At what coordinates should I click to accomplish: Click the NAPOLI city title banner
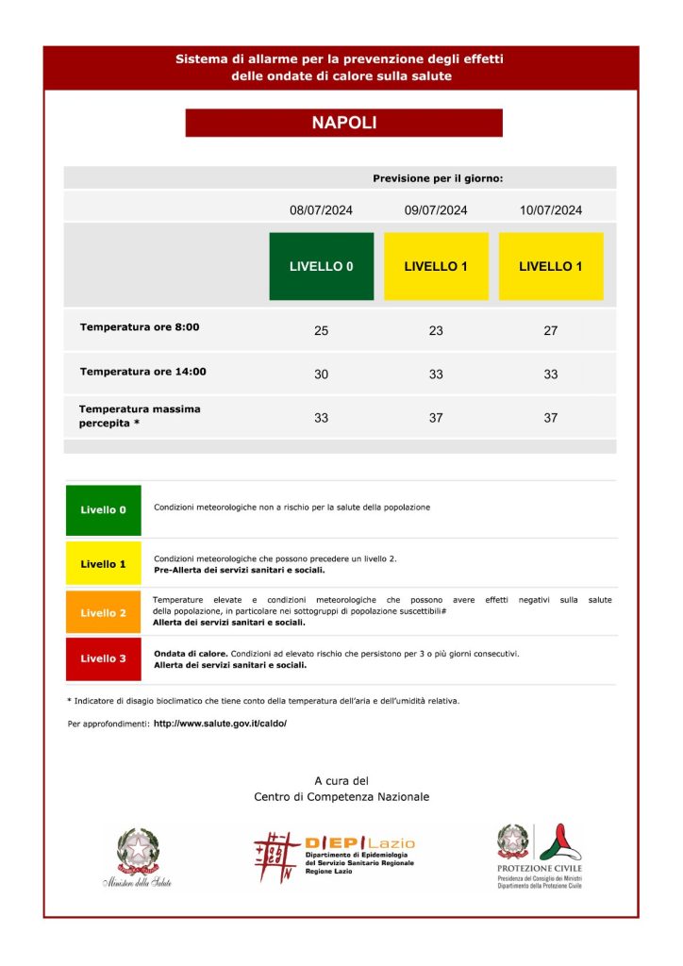coord(343,123)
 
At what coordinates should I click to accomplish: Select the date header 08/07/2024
coord(321,210)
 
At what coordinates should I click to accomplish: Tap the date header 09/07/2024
coord(436,210)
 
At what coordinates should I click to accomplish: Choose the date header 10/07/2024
coord(551,210)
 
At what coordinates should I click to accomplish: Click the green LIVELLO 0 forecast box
coord(321,266)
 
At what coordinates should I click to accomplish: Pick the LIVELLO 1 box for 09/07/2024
coord(436,266)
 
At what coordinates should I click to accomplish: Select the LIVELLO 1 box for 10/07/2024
coord(551,266)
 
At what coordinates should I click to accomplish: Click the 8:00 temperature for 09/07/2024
coord(436,330)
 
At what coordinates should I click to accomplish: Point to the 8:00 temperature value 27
coord(551,330)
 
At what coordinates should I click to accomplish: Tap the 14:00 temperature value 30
coord(321,375)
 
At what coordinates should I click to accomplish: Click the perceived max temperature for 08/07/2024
coord(321,417)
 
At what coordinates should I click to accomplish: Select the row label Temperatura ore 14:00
coord(142,372)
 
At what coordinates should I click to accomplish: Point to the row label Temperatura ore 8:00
coord(140,327)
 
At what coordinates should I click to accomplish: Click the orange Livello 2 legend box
coord(104,613)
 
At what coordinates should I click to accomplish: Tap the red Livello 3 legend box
coord(104,658)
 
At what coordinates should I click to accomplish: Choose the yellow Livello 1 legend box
coord(104,564)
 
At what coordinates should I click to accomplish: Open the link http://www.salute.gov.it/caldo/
coord(220,724)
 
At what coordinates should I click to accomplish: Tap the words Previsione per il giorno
coord(438,178)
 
